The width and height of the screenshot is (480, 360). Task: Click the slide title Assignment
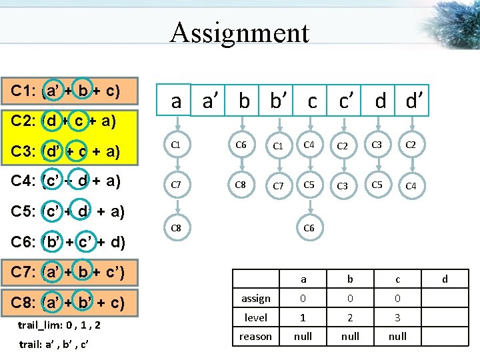tap(239, 33)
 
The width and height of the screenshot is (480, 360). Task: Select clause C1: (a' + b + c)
tap(70, 91)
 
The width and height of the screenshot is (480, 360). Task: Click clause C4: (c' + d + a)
tap(71, 181)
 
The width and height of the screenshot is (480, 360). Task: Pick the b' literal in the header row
tap(278, 101)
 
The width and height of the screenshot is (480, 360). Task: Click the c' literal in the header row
tap(345, 101)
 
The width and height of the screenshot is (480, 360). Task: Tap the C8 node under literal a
tap(177, 228)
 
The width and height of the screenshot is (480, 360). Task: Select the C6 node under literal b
tap(241, 144)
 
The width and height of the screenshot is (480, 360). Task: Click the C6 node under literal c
tap(309, 228)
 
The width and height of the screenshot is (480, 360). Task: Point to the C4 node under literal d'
tap(411, 186)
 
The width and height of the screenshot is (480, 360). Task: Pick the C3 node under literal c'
tap(343, 186)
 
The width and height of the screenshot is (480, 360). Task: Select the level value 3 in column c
tap(397, 317)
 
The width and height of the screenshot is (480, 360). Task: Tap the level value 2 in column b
tap(351, 317)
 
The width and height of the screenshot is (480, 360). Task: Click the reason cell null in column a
tap(303, 337)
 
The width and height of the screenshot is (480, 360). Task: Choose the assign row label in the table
tap(255, 298)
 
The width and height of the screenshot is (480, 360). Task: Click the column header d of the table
tap(445, 279)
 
